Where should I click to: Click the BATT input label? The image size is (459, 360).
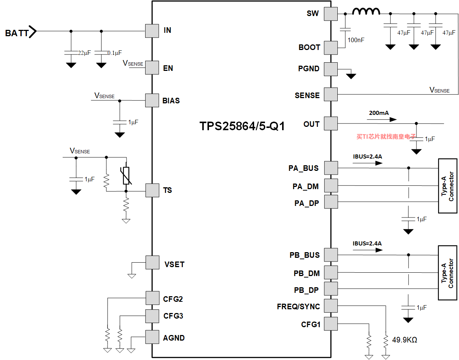pyautogui.click(x=17, y=33)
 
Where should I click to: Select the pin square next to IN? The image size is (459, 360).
pyautogui.click(x=152, y=31)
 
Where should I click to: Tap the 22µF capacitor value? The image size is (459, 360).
pyautogui.click(x=84, y=53)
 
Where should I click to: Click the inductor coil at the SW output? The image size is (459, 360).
pyautogui.click(x=366, y=12)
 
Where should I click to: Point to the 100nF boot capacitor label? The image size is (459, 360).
pyautogui.click(x=356, y=40)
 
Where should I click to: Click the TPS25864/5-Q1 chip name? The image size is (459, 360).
pyautogui.click(x=242, y=126)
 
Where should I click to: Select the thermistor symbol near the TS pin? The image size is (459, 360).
pyautogui.click(x=126, y=176)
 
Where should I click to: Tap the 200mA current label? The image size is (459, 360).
pyautogui.click(x=379, y=113)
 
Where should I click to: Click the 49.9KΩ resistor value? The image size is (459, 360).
pyautogui.click(x=405, y=340)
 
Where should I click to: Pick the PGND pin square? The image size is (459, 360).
pyautogui.click(x=331, y=69)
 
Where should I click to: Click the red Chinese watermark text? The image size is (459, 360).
pyautogui.click(x=386, y=137)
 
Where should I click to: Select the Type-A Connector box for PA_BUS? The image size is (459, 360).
pyautogui.click(x=448, y=186)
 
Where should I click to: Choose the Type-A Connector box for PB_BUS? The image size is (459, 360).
pyautogui.click(x=448, y=273)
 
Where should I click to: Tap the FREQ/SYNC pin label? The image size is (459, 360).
pyautogui.click(x=298, y=306)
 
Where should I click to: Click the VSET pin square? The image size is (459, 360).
pyautogui.click(x=152, y=263)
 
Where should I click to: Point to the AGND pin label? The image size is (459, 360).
pyautogui.click(x=174, y=338)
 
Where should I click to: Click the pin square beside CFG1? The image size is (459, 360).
pyautogui.click(x=331, y=323)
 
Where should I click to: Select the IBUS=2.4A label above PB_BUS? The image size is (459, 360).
pyautogui.click(x=367, y=244)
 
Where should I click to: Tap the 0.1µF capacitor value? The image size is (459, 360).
pyautogui.click(x=115, y=53)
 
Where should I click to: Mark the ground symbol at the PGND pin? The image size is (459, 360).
pyautogui.click(x=351, y=76)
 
